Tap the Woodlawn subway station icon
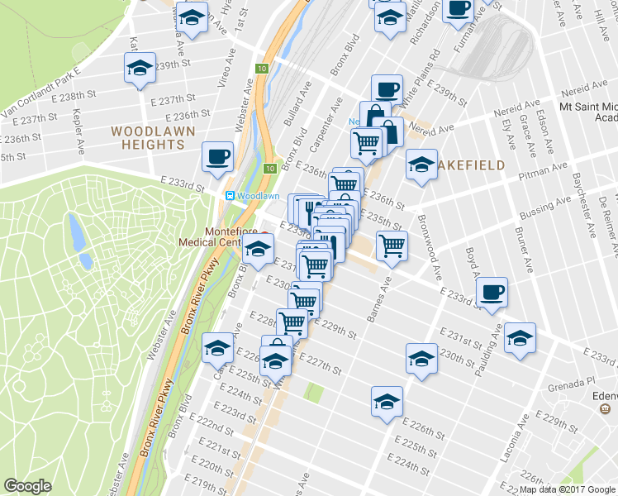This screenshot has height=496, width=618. (231, 196)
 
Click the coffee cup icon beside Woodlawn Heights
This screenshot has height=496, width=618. (218, 156)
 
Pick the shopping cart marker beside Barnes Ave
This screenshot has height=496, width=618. (392, 244)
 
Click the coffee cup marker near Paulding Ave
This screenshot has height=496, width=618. (492, 292)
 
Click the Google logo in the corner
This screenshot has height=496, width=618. (27, 485)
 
